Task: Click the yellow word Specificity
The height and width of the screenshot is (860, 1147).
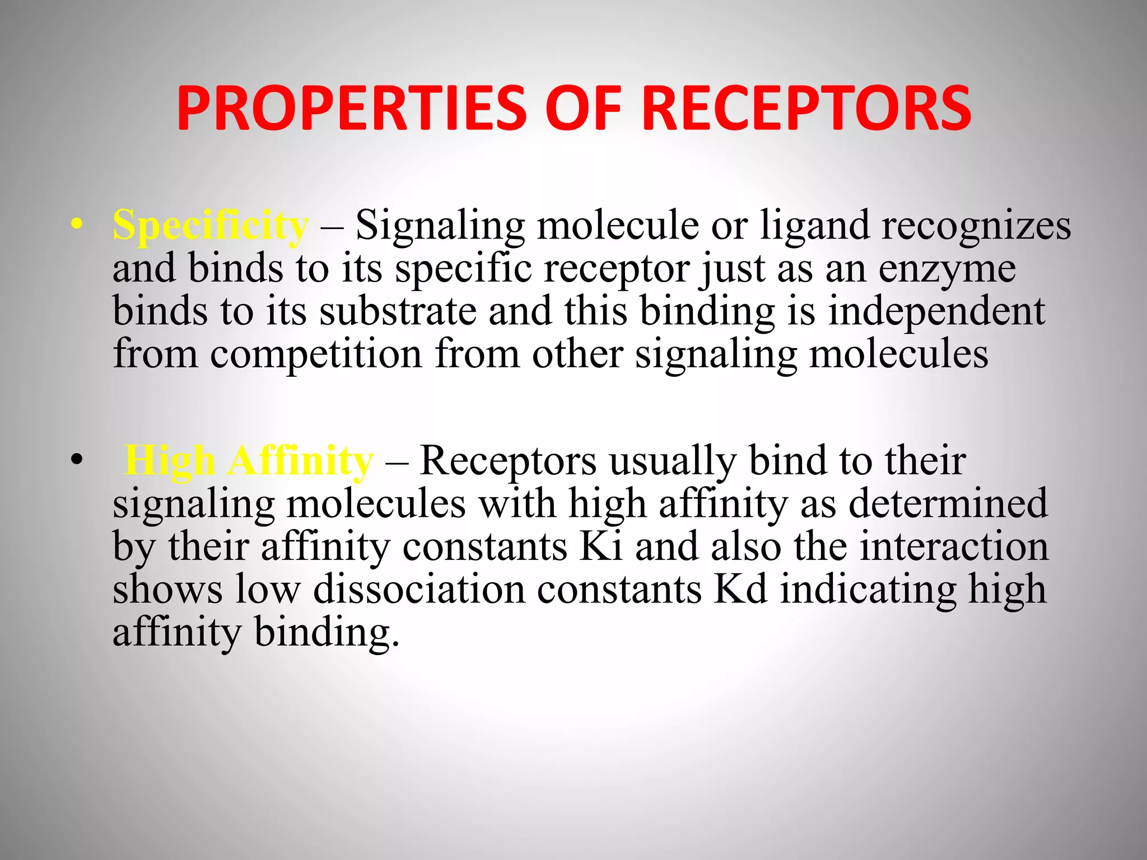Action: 210,226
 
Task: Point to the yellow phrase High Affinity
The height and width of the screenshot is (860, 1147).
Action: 248,461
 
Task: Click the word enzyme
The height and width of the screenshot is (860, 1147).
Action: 946,269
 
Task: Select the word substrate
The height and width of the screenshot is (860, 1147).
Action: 398,311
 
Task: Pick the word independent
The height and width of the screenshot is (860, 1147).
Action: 936,311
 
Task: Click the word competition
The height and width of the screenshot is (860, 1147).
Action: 316,354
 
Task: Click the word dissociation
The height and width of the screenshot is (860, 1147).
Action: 419,589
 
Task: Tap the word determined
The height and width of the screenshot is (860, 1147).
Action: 948,503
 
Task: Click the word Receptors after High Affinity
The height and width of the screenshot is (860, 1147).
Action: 508,461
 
